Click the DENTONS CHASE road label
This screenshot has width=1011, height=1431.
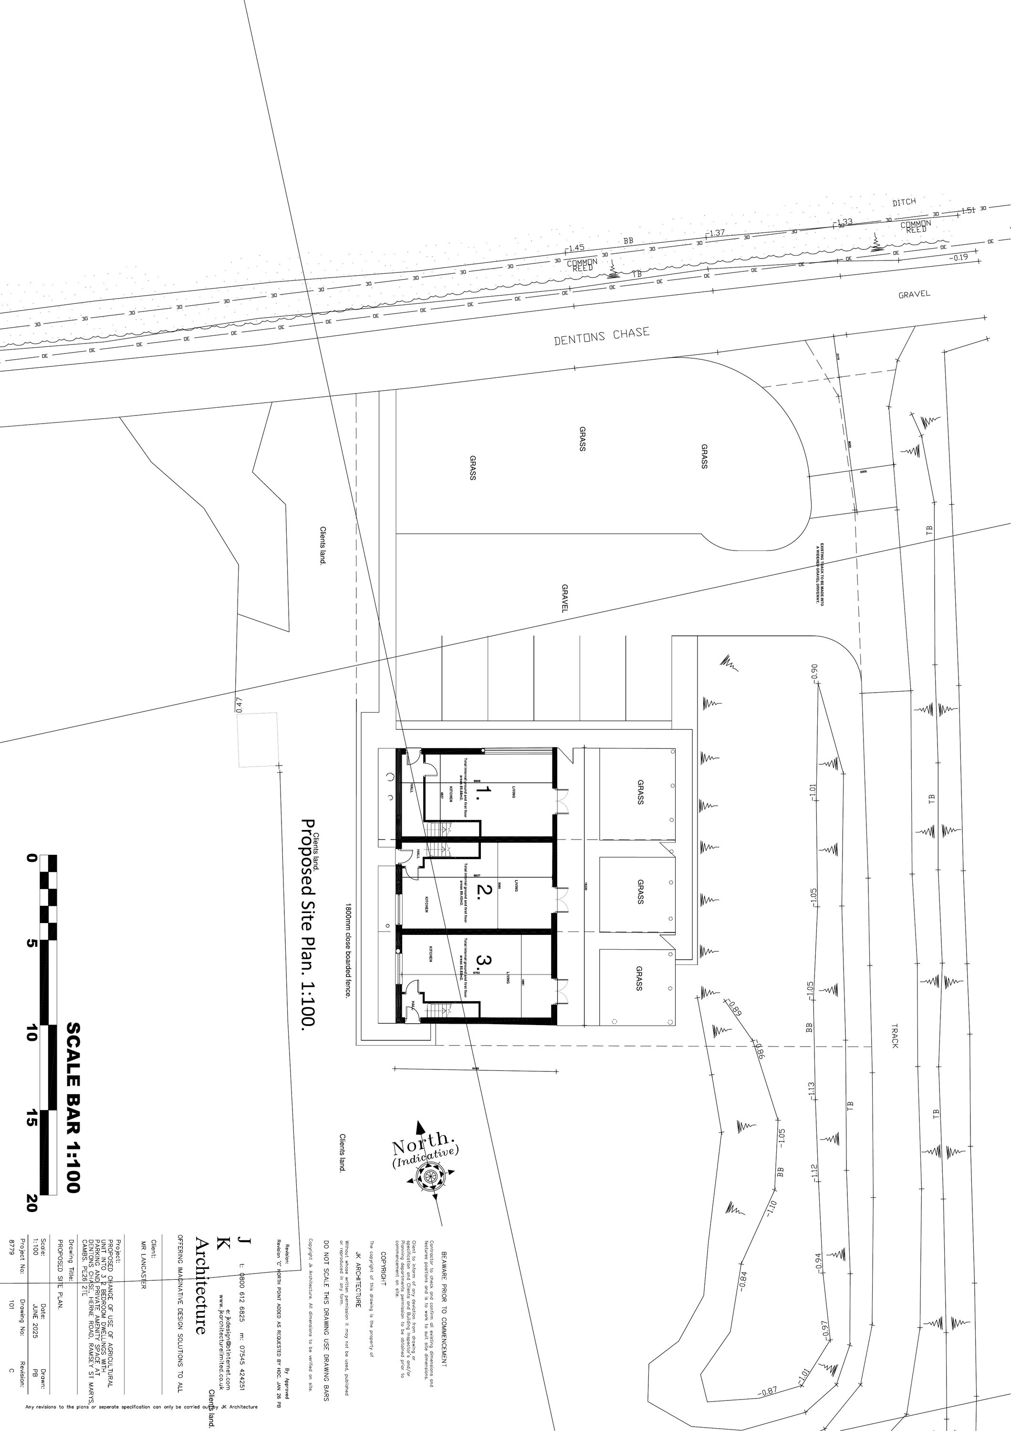(x=602, y=337)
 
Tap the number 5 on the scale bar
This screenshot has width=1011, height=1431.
(x=31, y=943)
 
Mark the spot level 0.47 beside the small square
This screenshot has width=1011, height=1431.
(x=239, y=704)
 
